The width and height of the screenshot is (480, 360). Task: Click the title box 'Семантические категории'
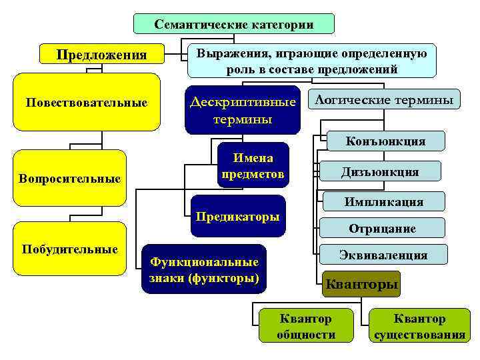point(234,24)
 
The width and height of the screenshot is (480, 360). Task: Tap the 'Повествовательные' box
point(86,102)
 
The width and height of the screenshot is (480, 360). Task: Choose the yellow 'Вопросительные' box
point(70,178)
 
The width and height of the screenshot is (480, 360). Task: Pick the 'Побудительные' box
point(70,249)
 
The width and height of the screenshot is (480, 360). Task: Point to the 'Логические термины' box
point(385,100)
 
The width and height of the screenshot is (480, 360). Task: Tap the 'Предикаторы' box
point(238,217)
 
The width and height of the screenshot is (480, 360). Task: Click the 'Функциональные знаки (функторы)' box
point(204,269)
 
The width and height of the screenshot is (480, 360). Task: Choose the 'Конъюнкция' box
point(386,141)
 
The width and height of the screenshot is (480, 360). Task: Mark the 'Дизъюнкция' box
point(380,172)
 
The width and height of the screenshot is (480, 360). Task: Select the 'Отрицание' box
point(382,228)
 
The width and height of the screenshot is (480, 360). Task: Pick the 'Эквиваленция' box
point(383,255)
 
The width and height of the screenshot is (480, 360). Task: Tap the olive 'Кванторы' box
point(361,285)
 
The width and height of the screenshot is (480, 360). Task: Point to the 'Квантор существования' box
point(420,326)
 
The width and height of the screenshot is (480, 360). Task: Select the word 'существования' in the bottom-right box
point(420,334)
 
